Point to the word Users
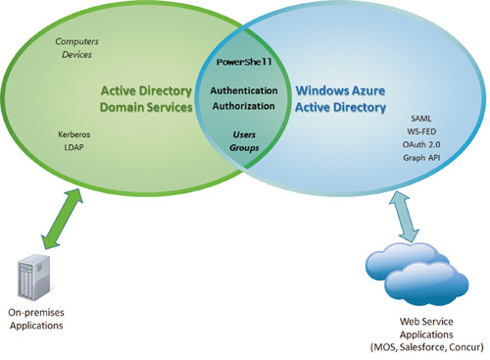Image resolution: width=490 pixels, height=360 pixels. pyautogui.click(x=243, y=133)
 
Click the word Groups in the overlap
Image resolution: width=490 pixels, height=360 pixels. pyautogui.click(x=243, y=149)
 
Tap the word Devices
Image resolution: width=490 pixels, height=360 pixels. pyautogui.click(x=74, y=55)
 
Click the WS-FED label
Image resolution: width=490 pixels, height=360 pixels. pyautogui.click(x=422, y=128)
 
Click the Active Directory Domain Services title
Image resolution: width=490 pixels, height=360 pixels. pyautogui.click(x=145, y=98)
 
